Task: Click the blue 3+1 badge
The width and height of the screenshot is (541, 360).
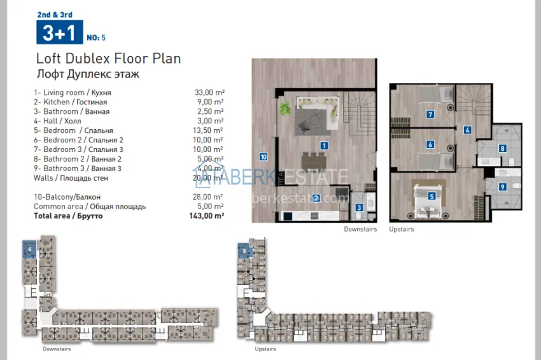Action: click(x=57, y=32)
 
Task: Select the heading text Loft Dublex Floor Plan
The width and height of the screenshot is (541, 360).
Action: click(x=108, y=59)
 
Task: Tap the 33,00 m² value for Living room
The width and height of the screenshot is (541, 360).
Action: click(x=209, y=92)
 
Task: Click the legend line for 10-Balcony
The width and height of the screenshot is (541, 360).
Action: click(x=67, y=197)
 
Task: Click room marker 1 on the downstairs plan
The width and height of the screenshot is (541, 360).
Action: click(x=324, y=146)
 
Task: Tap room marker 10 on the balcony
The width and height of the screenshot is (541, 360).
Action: click(x=263, y=156)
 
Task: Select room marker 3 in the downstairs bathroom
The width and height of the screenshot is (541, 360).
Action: click(x=359, y=207)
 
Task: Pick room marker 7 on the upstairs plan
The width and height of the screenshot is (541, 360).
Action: click(x=430, y=115)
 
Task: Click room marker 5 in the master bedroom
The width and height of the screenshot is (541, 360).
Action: click(x=432, y=197)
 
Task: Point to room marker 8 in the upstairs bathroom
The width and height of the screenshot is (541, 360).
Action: click(x=502, y=149)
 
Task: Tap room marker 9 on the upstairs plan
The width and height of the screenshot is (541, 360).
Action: click(x=502, y=187)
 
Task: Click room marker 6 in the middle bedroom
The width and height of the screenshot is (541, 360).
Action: click(x=430, y=145)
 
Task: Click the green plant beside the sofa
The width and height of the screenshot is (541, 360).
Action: click(x=285, y=109)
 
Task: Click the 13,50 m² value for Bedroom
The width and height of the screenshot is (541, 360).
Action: click(x=209, y=130)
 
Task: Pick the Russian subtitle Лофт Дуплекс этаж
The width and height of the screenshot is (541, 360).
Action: click(x=88, y=74)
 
